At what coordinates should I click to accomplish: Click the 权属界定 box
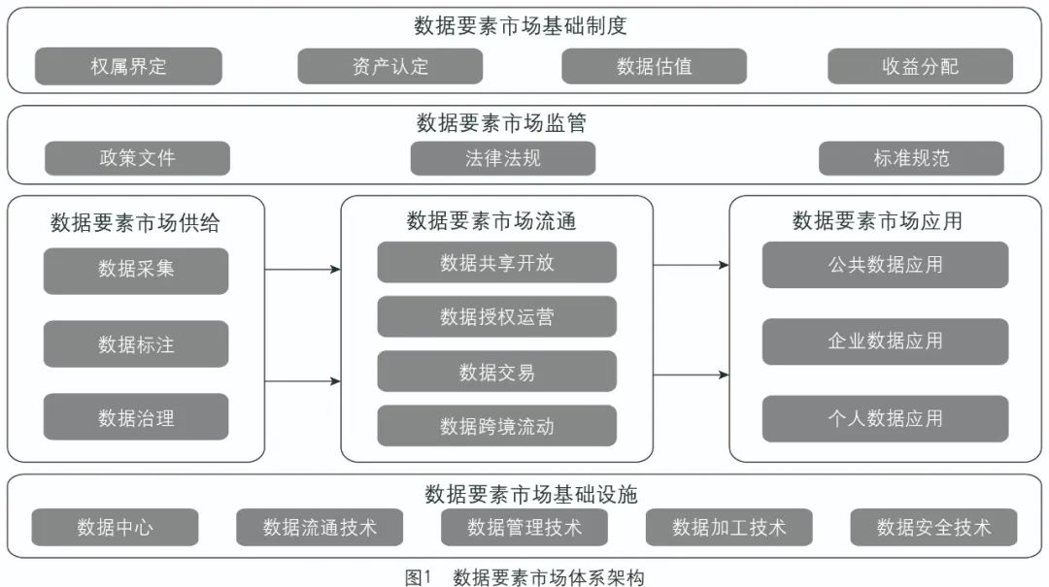[128, 66]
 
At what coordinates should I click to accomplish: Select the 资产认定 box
[389, 66]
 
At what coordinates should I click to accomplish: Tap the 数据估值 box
[654, 66]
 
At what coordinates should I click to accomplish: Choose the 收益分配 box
[920, 66]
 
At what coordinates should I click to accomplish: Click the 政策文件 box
[137, 158]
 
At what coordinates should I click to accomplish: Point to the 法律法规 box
[502, 158]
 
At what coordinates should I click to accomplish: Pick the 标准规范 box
[911, 158]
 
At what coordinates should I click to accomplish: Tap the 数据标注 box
[136, 343]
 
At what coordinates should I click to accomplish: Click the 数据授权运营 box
[496, 316]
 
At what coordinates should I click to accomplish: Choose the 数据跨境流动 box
[496, 426]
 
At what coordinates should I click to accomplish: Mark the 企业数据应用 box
[885, 342]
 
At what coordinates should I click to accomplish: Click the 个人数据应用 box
[885, 419]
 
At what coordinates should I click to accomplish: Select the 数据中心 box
[115, 527]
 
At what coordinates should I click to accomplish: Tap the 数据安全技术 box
[933, 527]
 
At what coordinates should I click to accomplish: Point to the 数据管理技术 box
[524, 527]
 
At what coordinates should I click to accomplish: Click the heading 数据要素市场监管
[501, 123]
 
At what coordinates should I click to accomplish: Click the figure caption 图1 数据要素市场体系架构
[524, 577]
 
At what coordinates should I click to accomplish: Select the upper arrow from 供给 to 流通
[302, 269]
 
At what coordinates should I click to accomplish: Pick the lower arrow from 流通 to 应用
[691, 375]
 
